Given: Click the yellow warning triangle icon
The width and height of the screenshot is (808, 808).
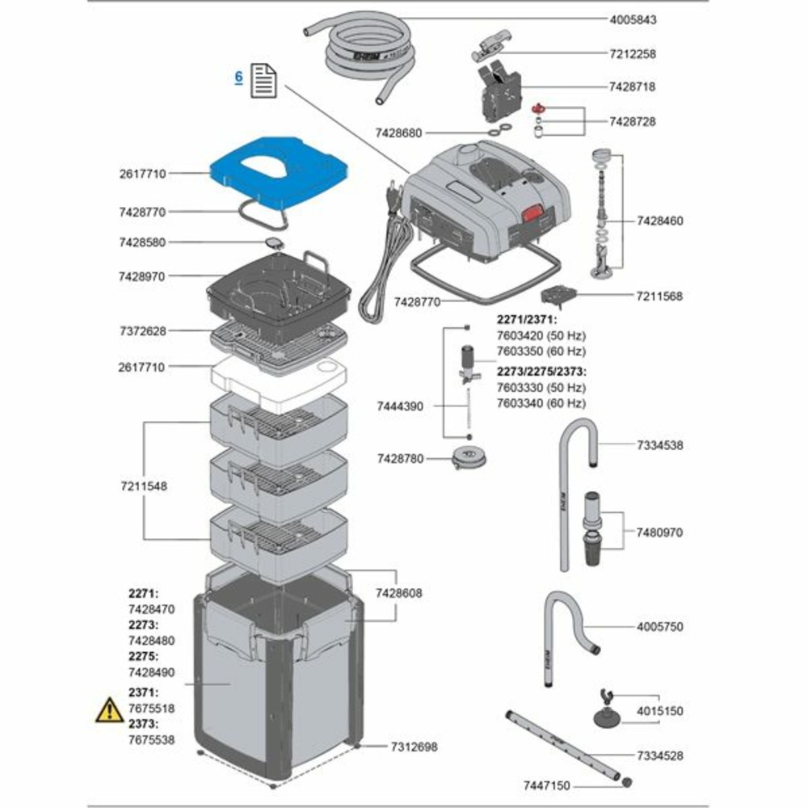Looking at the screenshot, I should [109, 711].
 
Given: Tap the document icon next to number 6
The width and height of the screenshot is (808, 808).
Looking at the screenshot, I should [264, 81].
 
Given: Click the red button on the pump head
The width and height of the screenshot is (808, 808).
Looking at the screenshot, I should [531, 214].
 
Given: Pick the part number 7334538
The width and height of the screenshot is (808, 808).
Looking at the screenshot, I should [659, 445].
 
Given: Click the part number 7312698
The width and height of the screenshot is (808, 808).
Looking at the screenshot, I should [414, 747].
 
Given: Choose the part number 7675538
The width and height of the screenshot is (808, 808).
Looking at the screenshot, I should [151, 739].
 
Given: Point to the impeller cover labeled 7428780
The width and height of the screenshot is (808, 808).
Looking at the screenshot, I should [467, 459].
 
